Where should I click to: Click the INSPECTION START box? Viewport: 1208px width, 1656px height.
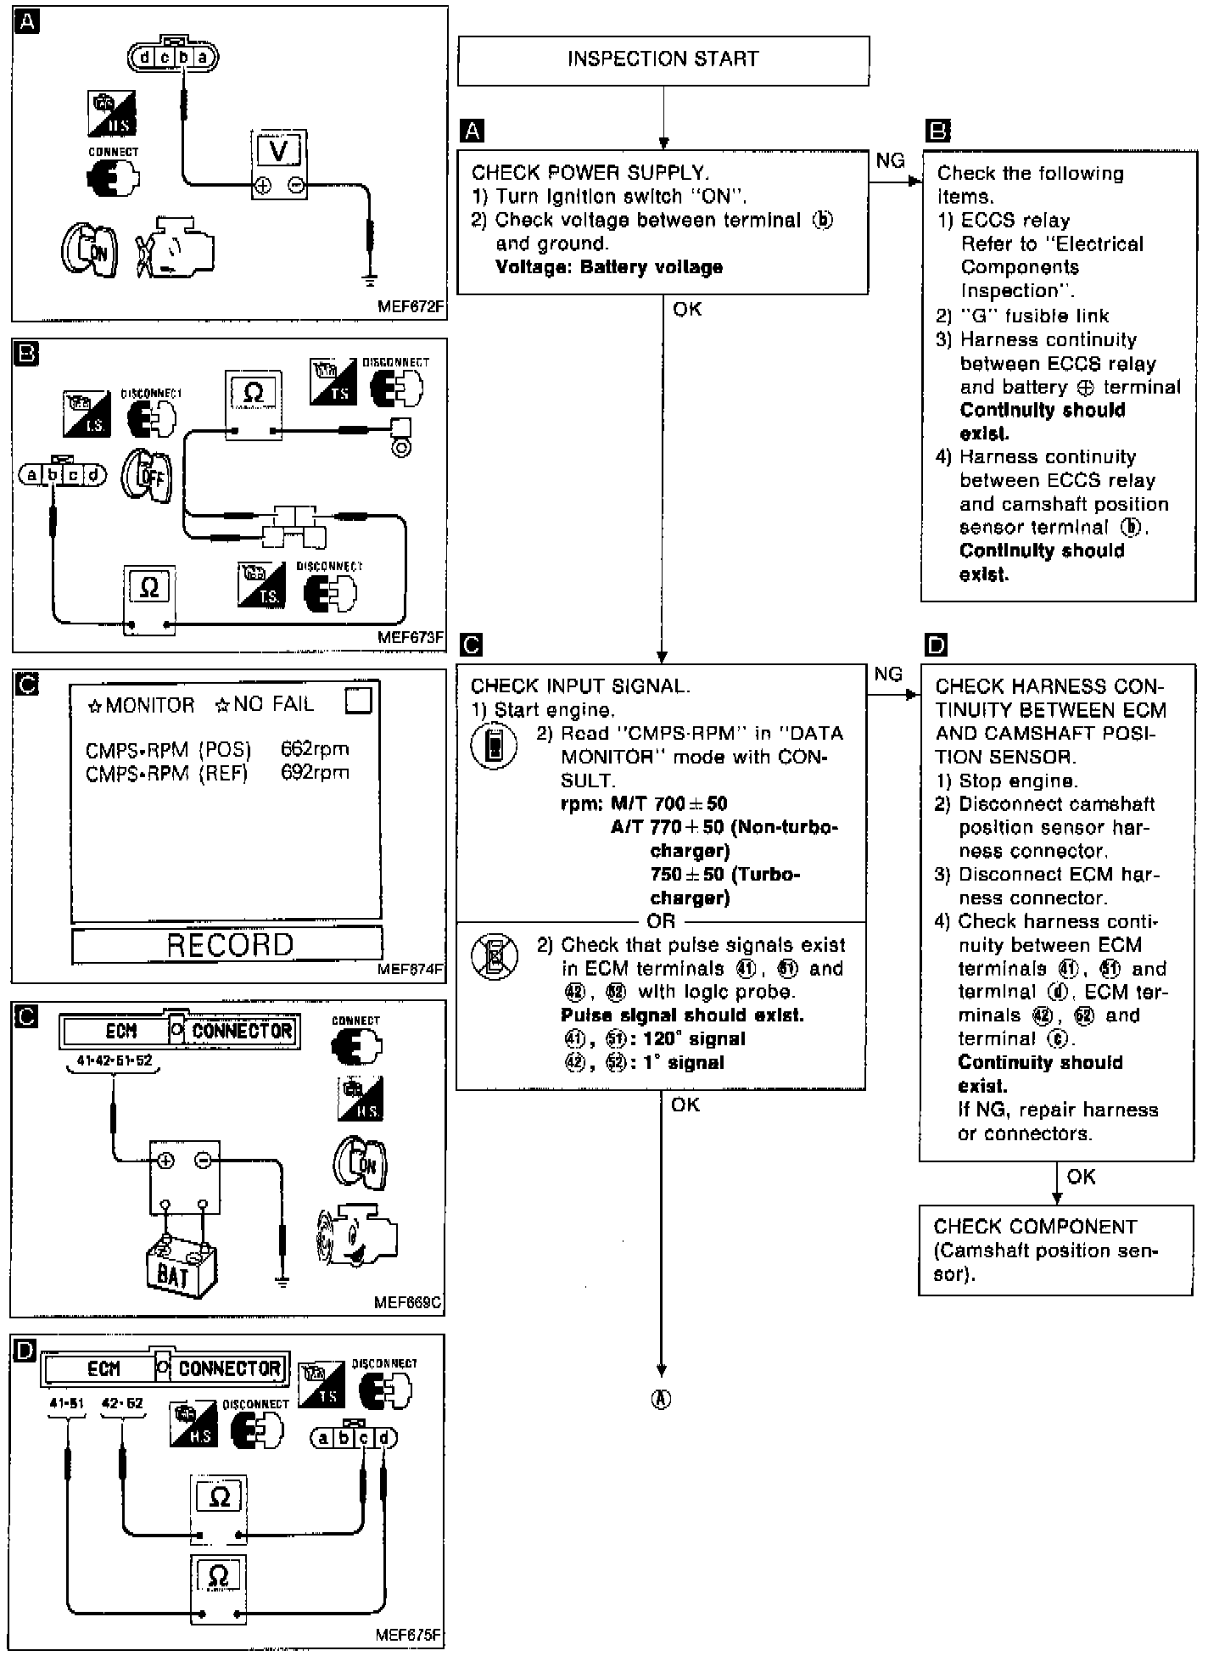tap(663, 59)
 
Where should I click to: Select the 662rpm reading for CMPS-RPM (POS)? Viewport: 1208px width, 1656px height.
tap(314, 749)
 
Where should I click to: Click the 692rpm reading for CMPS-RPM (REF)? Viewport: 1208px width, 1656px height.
tap(314, 773)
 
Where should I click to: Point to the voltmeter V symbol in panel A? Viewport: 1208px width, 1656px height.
tap(278, 151)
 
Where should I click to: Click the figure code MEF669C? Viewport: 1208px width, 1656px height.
tap(407, 1302)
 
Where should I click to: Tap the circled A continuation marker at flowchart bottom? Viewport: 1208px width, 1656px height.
tap(661, 1400)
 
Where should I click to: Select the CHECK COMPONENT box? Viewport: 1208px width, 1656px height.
tap(1055, 1250)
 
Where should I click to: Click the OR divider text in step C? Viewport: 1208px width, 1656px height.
tap(661, 921)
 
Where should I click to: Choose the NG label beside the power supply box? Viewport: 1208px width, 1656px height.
tap(890, 161)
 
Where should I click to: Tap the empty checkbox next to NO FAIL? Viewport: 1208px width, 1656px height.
tap(359, 701)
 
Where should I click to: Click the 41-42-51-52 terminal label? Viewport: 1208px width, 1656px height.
tap(113, 1061)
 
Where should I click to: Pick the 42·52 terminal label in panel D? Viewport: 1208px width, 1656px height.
tap(122, 1403)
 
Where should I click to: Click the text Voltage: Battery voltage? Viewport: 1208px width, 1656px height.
tap(608, 267)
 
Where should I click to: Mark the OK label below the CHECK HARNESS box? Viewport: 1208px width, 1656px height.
tap(1081, 1177)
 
